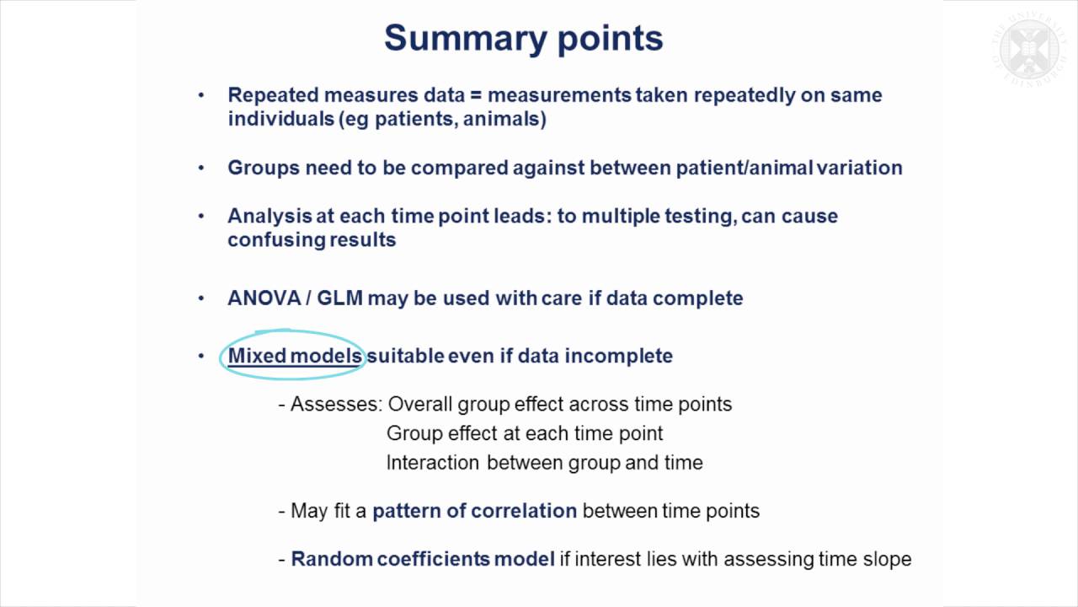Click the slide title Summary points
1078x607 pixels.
[x=523, y=39]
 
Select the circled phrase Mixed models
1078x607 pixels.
[x=294, y=356]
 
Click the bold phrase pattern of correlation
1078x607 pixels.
[x=474, y=511]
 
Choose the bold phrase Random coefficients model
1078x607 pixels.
[x=422, y=559]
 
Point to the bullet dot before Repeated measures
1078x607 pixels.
[x=200, y=95]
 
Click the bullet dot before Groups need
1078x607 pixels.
[x=200, y=168]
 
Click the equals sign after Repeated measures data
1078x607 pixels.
[x=474, y=95]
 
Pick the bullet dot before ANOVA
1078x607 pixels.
[x=200, y=298]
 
